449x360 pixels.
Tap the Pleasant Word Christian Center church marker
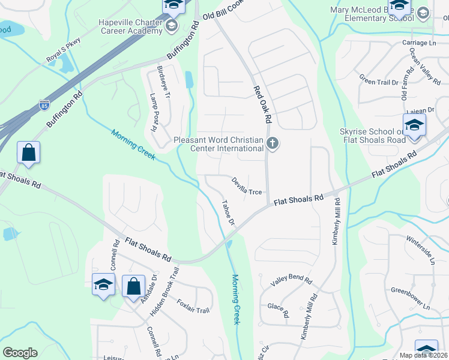click(x=273, y=144)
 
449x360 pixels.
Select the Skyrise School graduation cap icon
click(x=415, y=125)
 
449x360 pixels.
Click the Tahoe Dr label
click(x=228, y=213)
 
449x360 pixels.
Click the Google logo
click(x=20, y=353)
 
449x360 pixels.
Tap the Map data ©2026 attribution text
click(x=423, y=355)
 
